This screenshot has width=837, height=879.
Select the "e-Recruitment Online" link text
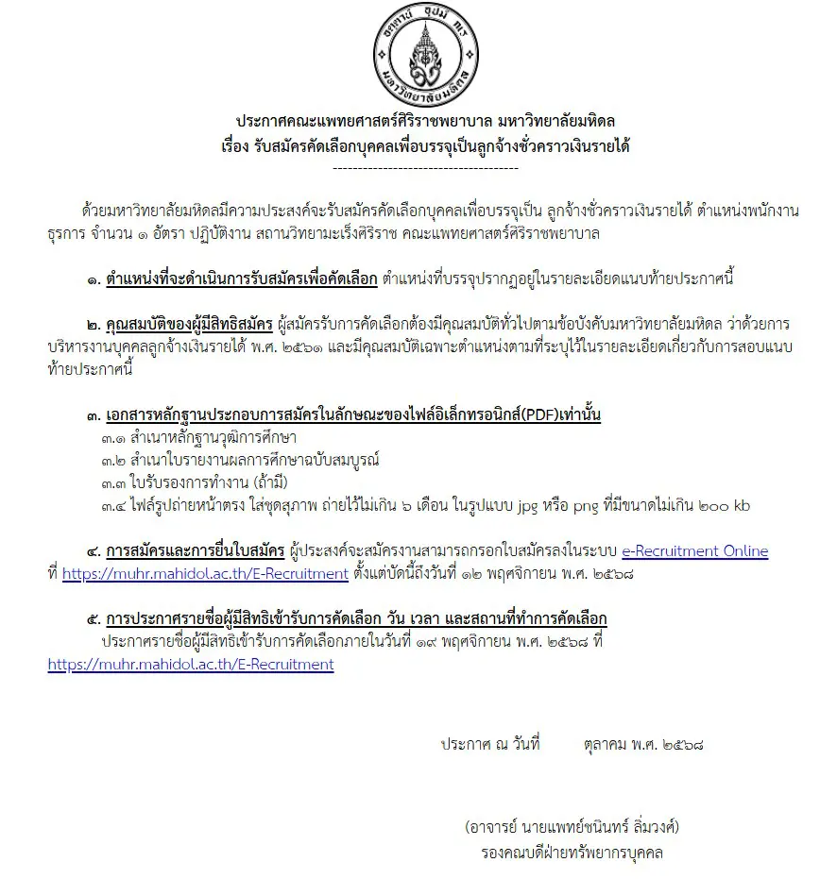[x=694, y=551]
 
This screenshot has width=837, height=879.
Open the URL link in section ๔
[x=205, y=573]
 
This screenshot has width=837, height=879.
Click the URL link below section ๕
[x=191, y=665]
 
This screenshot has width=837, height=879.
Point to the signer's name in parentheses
[x=572, y=828]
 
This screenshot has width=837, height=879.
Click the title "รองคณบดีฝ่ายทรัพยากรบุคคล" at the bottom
[x=572, y=854]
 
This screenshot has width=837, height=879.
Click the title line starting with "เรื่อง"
[x=425, y=146]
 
